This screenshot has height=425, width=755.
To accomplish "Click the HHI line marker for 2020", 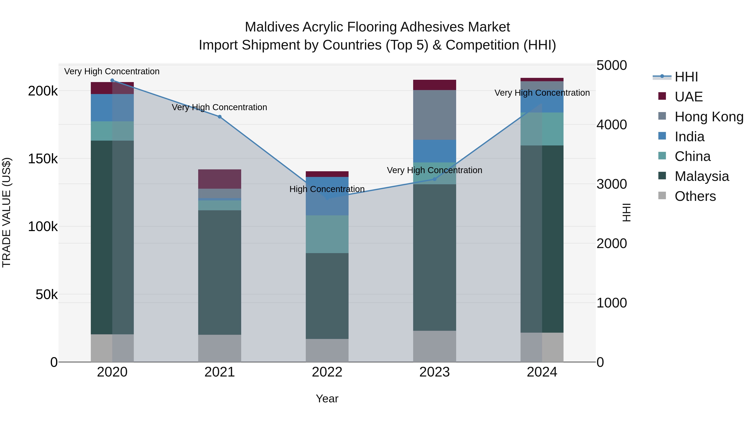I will [112, 80].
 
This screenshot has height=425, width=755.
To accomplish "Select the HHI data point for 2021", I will [220, 117].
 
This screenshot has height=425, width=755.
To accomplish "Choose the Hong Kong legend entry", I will [709, 117].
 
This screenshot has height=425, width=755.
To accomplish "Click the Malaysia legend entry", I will [701, 176].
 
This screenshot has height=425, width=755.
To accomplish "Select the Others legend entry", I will [695, 196].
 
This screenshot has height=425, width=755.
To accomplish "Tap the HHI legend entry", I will [686, 77].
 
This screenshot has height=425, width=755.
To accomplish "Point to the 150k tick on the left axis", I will [43, 159].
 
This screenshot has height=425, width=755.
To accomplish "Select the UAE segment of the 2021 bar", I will [220, 179].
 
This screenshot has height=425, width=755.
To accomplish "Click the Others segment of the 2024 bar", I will [542, 347].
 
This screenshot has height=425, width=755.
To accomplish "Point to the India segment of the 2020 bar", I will [112, 108].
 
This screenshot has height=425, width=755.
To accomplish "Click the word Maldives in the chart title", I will [272, 27].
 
